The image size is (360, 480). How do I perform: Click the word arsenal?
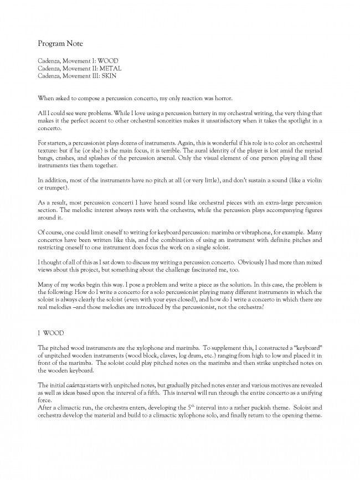pos(170,165)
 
